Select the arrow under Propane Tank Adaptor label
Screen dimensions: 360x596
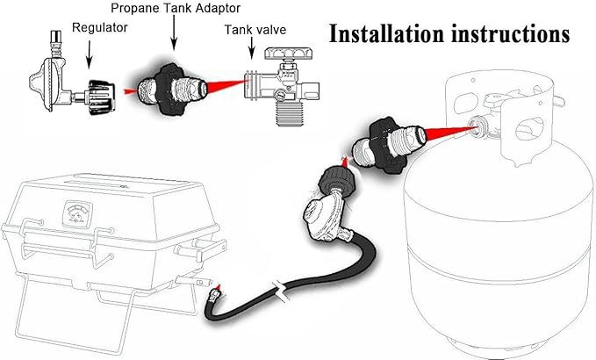click(x=174, y=33)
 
